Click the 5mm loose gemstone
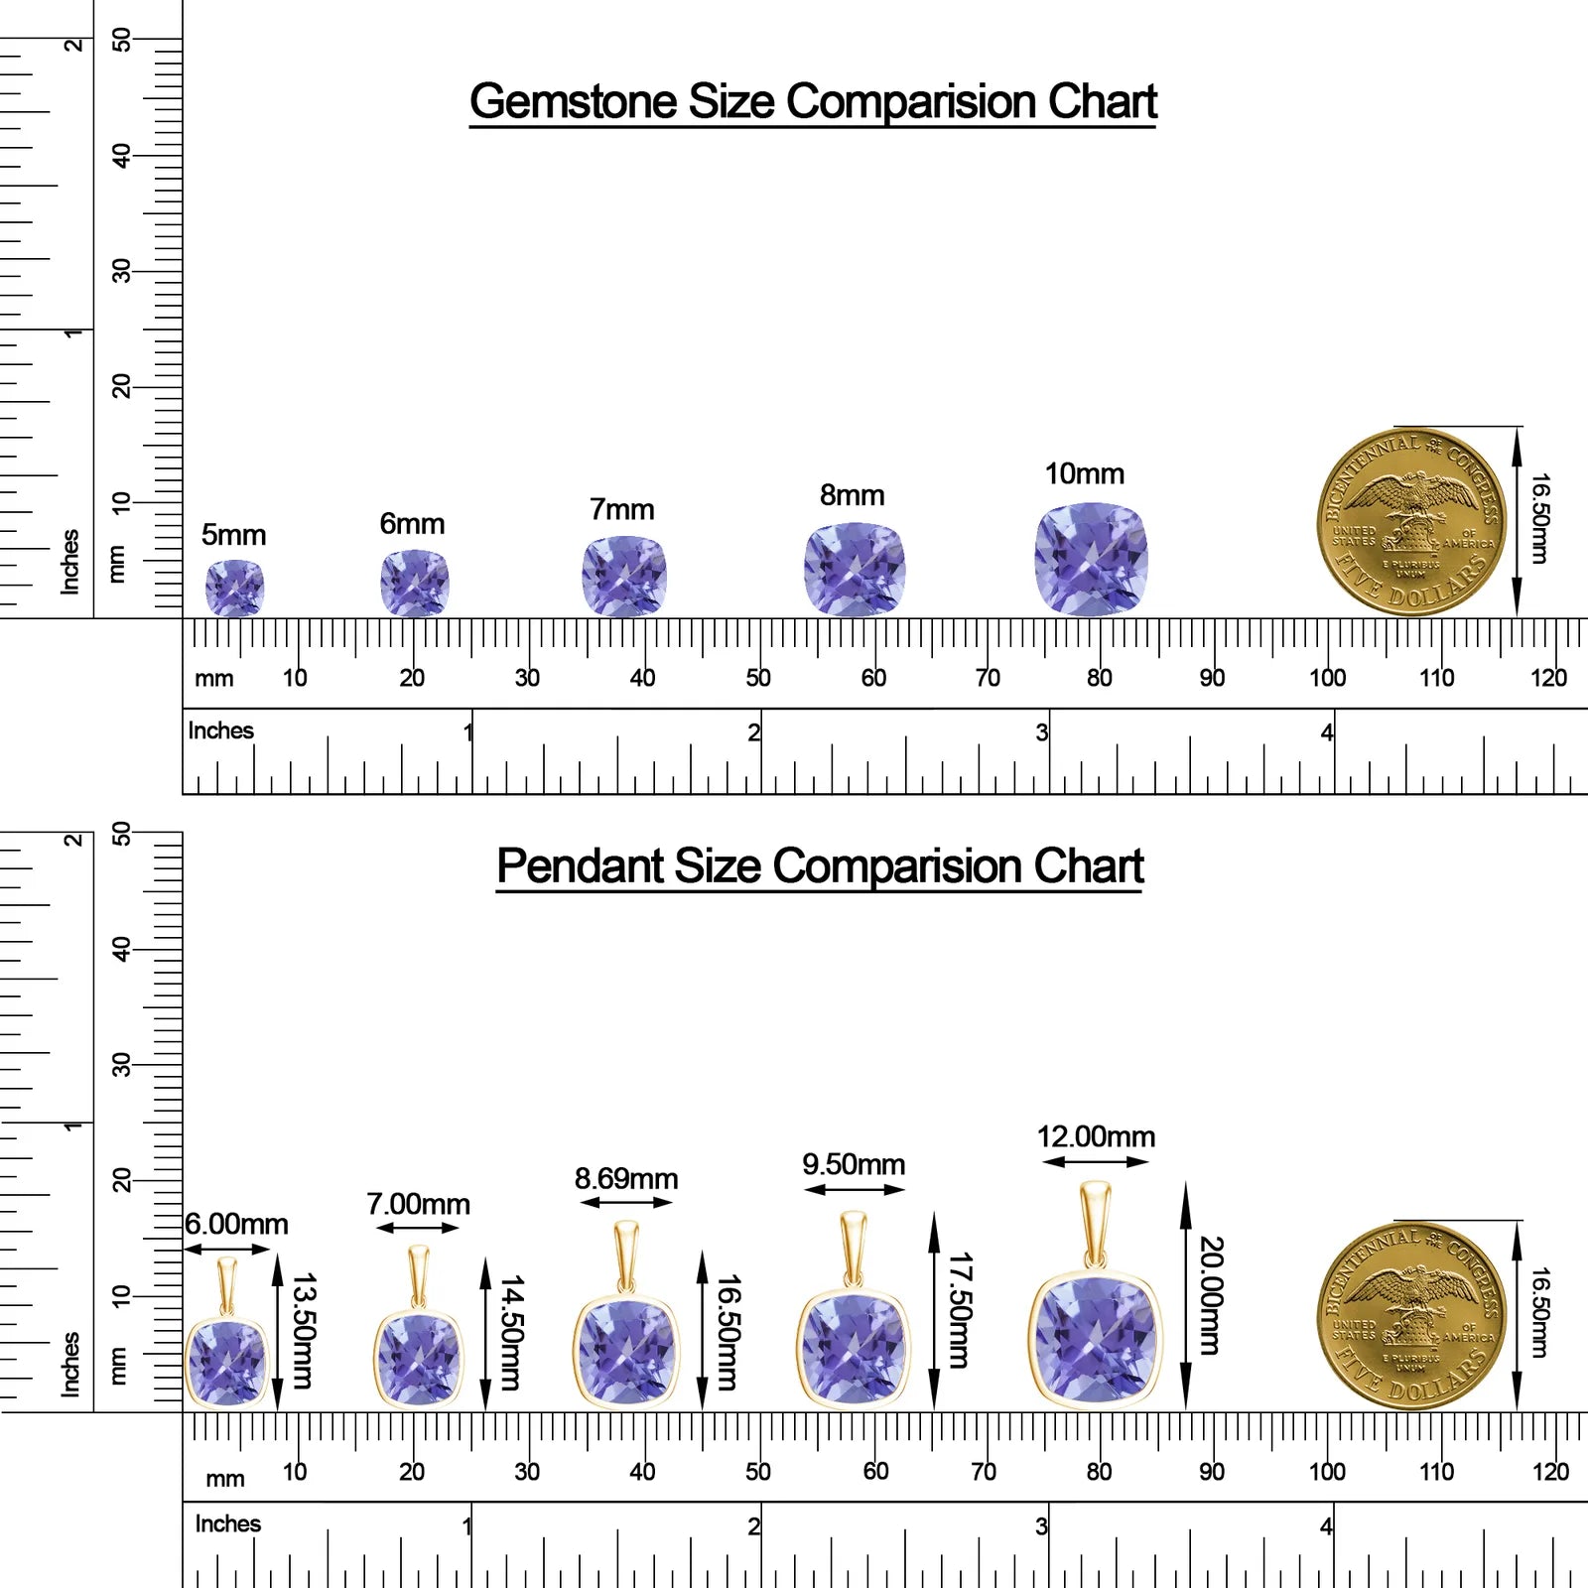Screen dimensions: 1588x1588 tap(234, 588)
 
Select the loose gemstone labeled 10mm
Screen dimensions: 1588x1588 tap(1091, 560)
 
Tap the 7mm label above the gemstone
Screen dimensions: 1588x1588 tap(622, 509)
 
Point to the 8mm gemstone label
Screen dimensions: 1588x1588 tap(852, 495)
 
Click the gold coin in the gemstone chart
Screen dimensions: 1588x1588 tap(1411, 522)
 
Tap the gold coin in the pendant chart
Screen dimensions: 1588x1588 tap(1411, 1316)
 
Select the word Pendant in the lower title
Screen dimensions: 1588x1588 tap(580, 865)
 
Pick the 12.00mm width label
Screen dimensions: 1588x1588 tap(1096, 1136)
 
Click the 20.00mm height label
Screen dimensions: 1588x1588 tap(1211, 1295)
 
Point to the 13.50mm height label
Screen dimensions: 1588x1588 tap(303, 1331)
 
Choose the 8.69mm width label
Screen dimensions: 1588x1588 tap(626, 1179)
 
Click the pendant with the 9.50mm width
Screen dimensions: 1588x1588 tap(854, 1309)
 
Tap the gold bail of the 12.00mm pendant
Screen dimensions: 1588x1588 tap(1095, 1225)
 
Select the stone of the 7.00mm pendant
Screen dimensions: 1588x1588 tap(418, 1359)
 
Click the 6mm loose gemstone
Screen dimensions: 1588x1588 tap(415, 584)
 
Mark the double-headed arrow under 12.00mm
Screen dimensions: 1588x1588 tap(1096, 1162)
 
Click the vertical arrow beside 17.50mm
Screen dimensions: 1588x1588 tap(934, 1311)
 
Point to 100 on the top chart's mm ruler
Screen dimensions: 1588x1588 tap(1327, 678)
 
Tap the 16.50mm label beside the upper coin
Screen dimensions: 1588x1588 tap(1538, 518)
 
